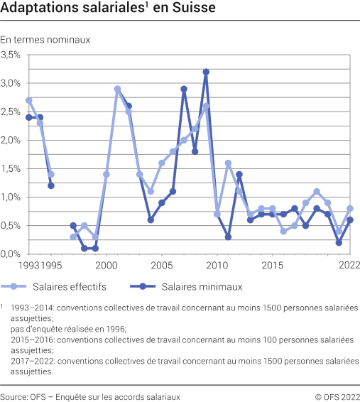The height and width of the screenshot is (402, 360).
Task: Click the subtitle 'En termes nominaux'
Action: (45, 40)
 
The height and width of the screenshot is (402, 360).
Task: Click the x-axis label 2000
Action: (106, 265)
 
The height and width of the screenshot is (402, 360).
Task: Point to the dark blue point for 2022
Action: (350, 220)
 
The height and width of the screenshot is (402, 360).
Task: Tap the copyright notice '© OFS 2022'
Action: (337, 395)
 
